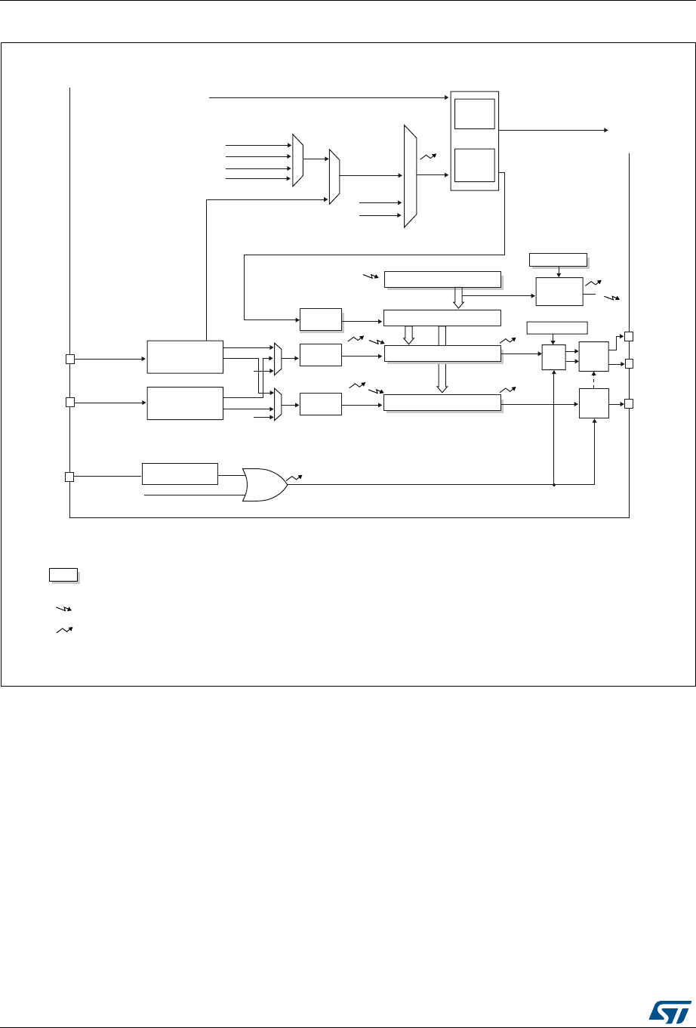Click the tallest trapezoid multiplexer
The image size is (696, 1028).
click(x=410, y=176)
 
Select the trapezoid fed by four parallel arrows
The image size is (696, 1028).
click(x=297, y=159)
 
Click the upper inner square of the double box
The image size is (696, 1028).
click(x=474, y=113)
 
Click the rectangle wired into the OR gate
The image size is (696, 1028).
click(x=180, y=474)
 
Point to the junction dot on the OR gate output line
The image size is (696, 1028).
click(x=554, y=485)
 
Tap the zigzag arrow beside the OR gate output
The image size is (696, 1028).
click(x=296, y=478)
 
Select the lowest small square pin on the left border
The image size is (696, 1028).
click(x=69, y=477)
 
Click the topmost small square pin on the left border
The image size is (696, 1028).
click(x=69, y=359)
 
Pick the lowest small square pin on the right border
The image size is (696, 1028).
click(x=629, y=403)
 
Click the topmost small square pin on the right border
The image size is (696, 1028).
click(x=629, y=335)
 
